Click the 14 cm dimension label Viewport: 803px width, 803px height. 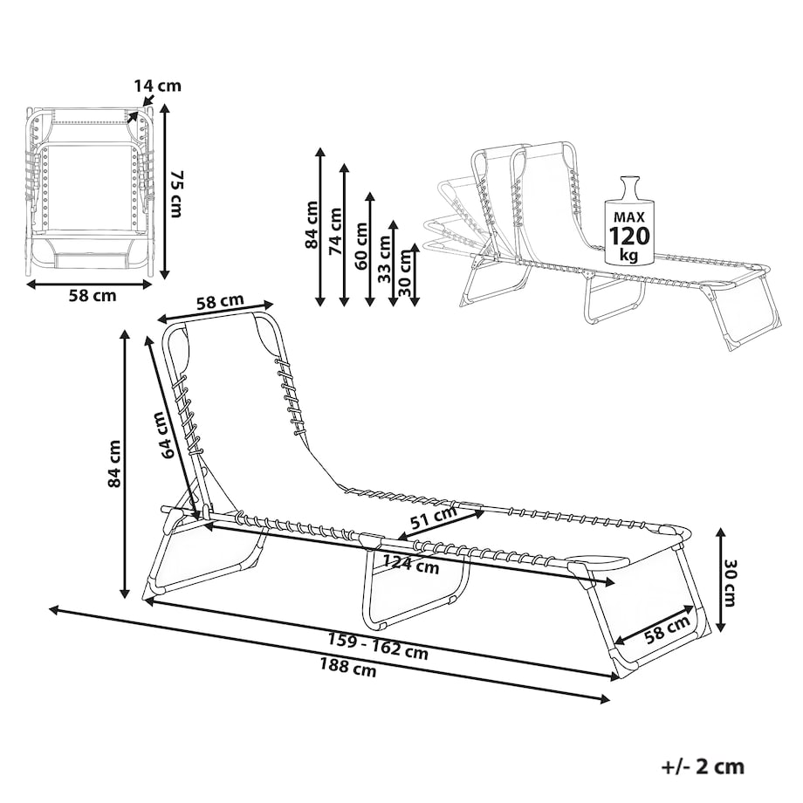[158, 86]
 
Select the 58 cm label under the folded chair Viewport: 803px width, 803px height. [93, 296]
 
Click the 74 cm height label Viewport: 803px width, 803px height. [335, 231]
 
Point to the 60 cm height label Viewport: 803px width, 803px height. [361, 246]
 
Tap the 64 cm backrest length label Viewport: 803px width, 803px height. [168, 435]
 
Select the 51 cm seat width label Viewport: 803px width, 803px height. [435, 518]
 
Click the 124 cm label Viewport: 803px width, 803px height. [411, 564]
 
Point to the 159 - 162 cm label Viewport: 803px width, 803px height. [378, 648]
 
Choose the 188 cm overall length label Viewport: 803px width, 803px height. [347, 668]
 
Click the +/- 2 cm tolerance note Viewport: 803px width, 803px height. [703, 767]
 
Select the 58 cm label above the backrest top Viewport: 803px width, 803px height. [220, 302]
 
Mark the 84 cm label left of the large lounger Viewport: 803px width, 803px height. [114, 463]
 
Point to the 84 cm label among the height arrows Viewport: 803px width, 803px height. [312, 225]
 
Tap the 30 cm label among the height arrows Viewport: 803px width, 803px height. [406, 272]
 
